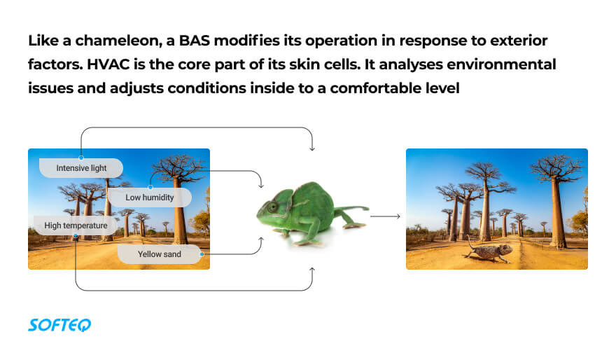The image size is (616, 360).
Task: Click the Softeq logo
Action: [x=59, y=325]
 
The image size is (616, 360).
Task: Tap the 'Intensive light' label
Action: [x=81, y=168]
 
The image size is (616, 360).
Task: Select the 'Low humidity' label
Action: [x=150, y=198]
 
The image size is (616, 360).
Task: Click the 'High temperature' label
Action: [x=76, y=226]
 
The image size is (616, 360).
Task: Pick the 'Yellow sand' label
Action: [x=160, y=254]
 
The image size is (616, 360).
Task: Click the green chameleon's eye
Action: [x=272, y=207]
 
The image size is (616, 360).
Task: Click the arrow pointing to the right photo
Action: [x=385, y=216]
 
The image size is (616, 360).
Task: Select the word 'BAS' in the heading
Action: [x=195, y=41]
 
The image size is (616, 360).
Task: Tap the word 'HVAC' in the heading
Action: [x=108, y=64]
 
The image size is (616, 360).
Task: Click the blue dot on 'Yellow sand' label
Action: [x=202, y=254]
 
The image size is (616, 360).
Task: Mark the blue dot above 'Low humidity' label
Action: [x=150, y=188]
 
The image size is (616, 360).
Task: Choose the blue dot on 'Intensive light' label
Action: [x=81, y=158]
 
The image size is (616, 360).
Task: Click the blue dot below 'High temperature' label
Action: [x=76, y=236]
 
